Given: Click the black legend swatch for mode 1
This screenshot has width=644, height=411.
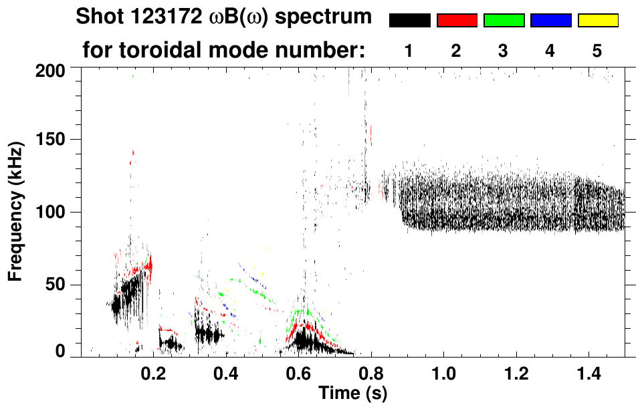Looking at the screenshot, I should pos(410,21).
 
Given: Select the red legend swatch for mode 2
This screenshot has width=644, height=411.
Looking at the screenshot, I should pos(457,21).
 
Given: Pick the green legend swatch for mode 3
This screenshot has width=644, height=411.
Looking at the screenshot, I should pos(504,21).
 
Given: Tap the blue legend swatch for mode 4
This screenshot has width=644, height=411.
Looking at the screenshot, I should pos(550,21).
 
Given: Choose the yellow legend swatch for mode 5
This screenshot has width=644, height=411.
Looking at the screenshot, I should pos(598,21).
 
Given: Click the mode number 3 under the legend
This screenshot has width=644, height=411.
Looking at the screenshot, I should pos(504,51).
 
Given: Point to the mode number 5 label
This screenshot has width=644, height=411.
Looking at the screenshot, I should pos(597,51).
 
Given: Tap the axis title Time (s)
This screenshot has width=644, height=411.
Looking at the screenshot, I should pos(352,394).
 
